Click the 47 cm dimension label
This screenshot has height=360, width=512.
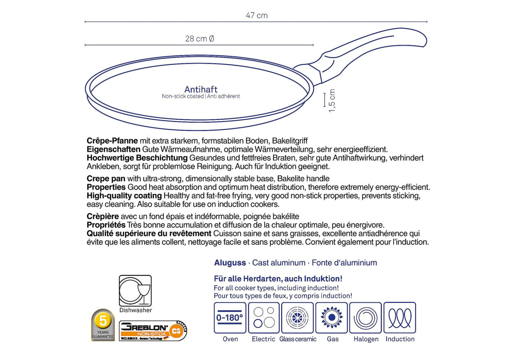(256, 16)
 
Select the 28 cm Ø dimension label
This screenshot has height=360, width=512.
(200, 39)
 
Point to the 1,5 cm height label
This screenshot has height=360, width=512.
(332, 101)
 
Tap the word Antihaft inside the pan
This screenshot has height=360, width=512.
(201, 90)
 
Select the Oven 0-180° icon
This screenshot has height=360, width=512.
(230, 318)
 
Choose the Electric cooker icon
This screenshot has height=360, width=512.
(264, 318)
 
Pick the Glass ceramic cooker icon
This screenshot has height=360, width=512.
(297, 318)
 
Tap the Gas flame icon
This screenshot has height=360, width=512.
(332, 318)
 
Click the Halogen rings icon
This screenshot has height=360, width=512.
(366, 318)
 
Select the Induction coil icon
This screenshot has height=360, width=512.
(400, 318)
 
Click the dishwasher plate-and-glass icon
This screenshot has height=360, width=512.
(135, 291)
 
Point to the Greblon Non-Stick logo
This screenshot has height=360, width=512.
(153, 330)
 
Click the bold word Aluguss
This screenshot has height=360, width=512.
(230, 263)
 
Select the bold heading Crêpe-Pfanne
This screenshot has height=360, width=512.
(112, 141)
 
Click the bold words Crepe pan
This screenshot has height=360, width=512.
(106, 178)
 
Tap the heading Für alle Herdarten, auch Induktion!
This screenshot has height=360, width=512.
(278, 279)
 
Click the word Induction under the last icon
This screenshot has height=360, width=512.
(400, 339)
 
